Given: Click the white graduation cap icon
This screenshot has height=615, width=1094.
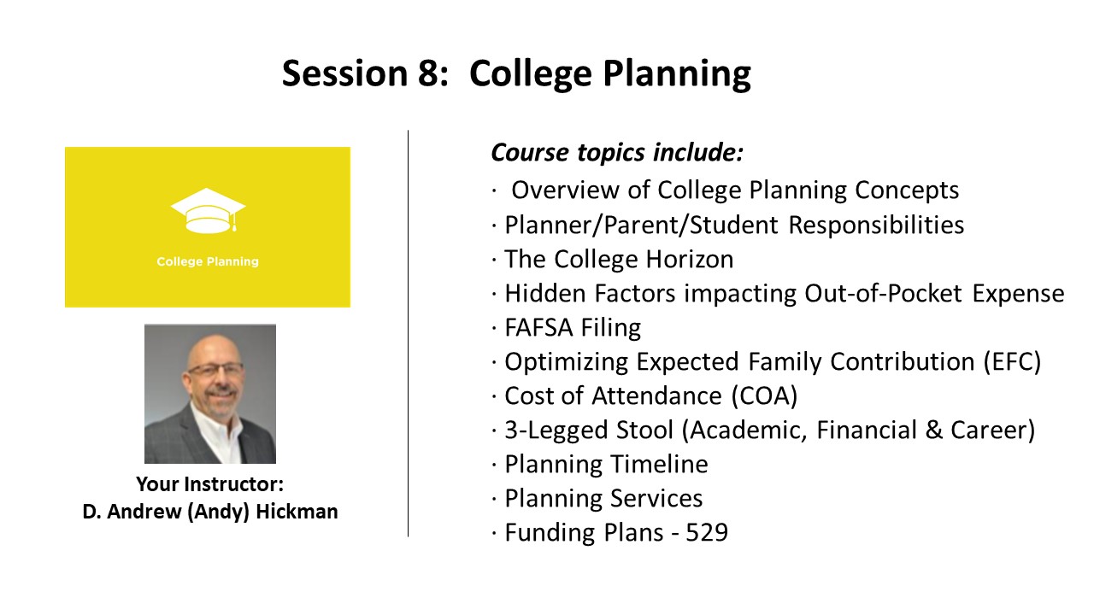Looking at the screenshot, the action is click(208, 210).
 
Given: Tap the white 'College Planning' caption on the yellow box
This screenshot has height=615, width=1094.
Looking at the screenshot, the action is click(208, 261).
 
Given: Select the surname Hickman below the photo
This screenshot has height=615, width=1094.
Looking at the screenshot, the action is click(297, 512).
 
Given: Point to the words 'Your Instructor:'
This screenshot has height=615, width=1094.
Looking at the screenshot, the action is click(210, 484).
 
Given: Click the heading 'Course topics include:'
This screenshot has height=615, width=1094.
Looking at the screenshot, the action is click(617, 152).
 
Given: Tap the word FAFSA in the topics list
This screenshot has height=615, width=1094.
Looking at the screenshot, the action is click(538, 327).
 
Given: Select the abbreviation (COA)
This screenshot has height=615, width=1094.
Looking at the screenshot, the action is click(765, 395).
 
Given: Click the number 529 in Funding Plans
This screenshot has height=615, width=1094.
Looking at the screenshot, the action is click(707, 532).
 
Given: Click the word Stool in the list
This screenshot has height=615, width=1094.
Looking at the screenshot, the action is click(644, 430).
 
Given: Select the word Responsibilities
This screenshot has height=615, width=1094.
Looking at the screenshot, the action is click(876, 225).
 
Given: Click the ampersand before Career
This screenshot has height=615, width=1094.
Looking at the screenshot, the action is click(933, 430).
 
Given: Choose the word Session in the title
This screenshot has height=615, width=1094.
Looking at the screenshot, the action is click(344, 73).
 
